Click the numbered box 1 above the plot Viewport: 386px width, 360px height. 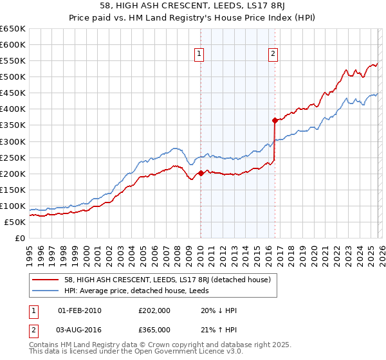point(199,55)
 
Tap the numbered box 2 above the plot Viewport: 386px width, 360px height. point(273,55)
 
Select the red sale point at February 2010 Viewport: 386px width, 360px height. point(200,172)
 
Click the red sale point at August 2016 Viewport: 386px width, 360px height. point(275,120)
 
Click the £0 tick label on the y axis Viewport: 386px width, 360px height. point(19,239)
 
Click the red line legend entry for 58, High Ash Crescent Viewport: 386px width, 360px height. point(168,280)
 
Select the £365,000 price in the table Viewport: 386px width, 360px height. point(154,330)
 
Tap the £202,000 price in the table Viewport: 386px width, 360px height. point(154,310)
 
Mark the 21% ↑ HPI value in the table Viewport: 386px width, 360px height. point(219,330)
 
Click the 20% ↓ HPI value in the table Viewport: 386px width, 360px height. point(219,310)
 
